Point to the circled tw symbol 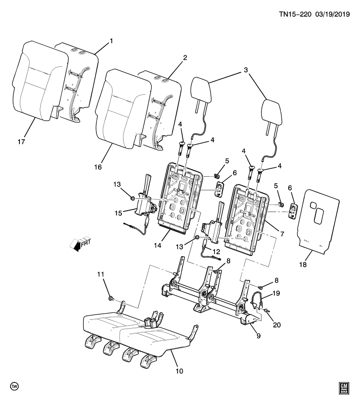(x=14, y=387)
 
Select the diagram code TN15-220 (x=295, y=14)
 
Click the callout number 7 (x=281, y=233)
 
